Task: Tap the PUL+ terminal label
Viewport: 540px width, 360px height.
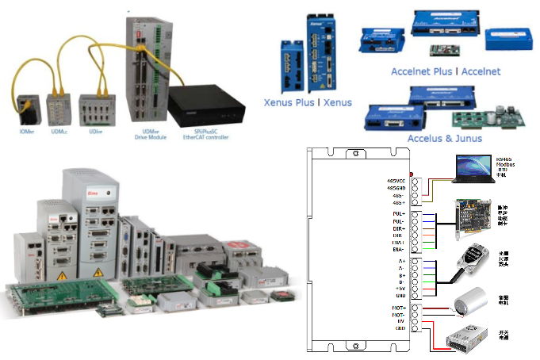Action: pyautogui.click(x=396, y=214)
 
